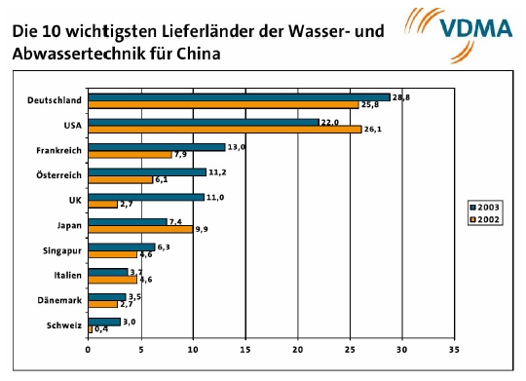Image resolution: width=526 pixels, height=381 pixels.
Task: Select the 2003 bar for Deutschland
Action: [x=239, y=97]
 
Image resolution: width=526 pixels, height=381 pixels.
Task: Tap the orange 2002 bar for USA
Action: [x=224, y=129]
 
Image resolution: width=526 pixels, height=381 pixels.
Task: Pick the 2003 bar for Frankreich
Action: [x=156, y=146]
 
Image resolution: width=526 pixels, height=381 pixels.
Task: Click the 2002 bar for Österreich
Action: [x=120, y=179]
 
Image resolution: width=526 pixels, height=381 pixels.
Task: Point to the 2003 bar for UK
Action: [x=145, y=196]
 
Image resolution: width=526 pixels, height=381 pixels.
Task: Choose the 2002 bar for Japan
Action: [x=139, y=229]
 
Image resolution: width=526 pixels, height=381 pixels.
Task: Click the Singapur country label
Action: [x=59, y=249]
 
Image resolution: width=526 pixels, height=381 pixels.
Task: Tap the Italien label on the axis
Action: [x=65, y=275]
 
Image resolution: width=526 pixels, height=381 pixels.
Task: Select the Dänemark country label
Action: [x=58, y=300]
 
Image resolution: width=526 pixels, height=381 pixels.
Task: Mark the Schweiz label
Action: [x=63, y=324]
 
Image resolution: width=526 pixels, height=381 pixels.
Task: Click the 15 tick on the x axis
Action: [x=244, y=348]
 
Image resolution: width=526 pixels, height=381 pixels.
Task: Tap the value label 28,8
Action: [x=400, y=97]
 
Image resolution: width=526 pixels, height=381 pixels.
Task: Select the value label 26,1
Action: [x=373, y=129]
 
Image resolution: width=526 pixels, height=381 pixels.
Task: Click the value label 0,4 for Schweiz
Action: [x=101, y=329]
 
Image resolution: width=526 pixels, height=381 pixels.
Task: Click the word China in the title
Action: [x=194, y=54]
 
